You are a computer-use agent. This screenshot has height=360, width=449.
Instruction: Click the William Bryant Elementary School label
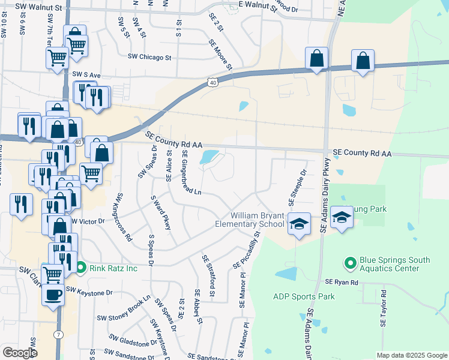[250, 220]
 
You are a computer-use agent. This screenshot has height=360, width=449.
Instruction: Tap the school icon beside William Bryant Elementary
[299, 224]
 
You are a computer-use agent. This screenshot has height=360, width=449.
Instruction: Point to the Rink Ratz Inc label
[113, 268]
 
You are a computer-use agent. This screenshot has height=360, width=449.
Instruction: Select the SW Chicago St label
[149, 58]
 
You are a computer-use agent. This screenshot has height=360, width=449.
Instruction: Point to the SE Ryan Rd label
[342, 282]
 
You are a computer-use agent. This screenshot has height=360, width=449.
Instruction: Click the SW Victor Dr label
[88, 221]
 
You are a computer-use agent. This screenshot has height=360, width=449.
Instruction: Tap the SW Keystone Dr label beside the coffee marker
[89, 292]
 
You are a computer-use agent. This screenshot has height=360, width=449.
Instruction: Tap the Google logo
[20, 353]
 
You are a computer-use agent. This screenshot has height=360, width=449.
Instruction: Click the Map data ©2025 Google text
[411, 355]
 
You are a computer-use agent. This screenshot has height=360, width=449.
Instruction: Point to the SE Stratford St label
[209, 275]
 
